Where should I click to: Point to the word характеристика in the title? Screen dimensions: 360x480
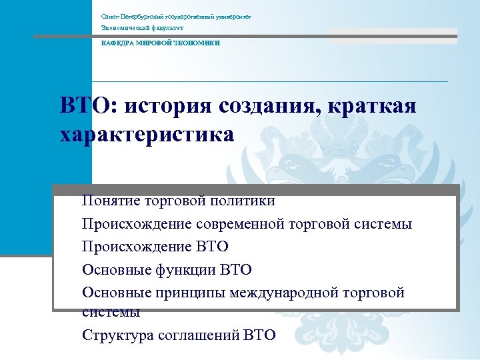[147, 134]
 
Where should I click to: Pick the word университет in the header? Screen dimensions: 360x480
[231, 15]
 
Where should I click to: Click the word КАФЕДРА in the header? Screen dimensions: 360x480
[116, 43]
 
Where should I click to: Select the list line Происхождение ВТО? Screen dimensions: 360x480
[155, 247]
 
